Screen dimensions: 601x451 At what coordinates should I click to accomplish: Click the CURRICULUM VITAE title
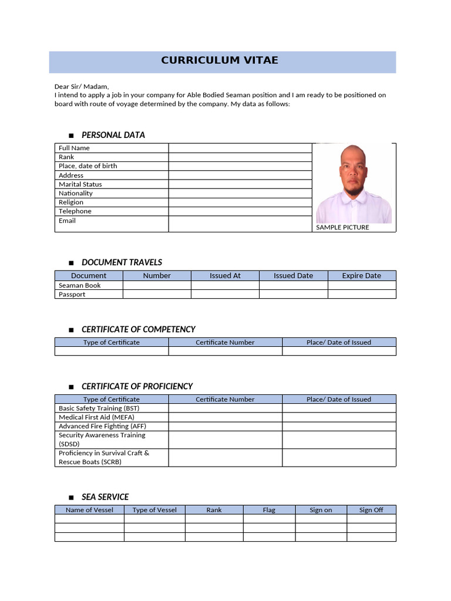point(220,60)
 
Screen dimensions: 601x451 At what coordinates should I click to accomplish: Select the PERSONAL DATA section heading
point(113,135)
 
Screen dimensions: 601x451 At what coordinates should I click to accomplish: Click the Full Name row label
point(74,148)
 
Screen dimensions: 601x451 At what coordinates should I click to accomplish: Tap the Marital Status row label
point(80,184)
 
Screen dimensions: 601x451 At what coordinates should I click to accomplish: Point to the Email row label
point(67,221)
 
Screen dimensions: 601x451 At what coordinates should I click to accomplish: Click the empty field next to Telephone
point(240,211)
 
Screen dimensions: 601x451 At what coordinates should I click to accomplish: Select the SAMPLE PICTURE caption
point(342,227)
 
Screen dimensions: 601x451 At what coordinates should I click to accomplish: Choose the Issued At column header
point(225,276)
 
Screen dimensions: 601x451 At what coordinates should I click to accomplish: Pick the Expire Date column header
point(361,276)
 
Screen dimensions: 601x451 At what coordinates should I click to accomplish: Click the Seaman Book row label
point(79,285)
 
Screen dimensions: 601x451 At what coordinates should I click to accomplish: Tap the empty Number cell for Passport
point(157,295)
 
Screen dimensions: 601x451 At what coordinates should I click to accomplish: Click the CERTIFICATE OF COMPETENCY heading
point(138,329)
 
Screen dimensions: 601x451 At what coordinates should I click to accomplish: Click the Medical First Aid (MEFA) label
point(96,417)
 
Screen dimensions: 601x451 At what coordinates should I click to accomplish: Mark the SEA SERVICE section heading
point(105,497)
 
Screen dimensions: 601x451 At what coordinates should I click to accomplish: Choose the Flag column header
point(269,510)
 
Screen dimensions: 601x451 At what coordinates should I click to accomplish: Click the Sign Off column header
point(371,510)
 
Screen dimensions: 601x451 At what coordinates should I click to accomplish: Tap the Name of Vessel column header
point(89,510)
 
